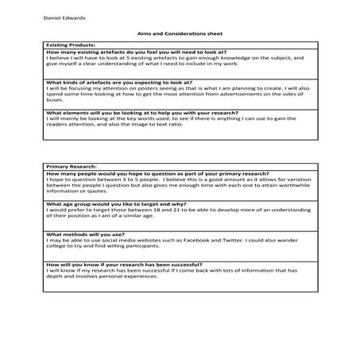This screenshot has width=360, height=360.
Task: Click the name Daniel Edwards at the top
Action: click(x=62, y=18)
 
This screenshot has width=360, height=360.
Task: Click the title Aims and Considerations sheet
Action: click(x=179, y=34)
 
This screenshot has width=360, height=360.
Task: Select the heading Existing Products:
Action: click(x=71, y=45)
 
